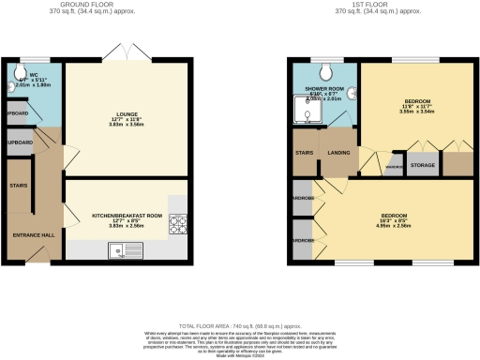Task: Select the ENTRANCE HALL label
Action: [x=32, y=233]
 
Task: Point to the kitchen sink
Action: [x=122, y=249]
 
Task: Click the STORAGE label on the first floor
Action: [x=423, y=165]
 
